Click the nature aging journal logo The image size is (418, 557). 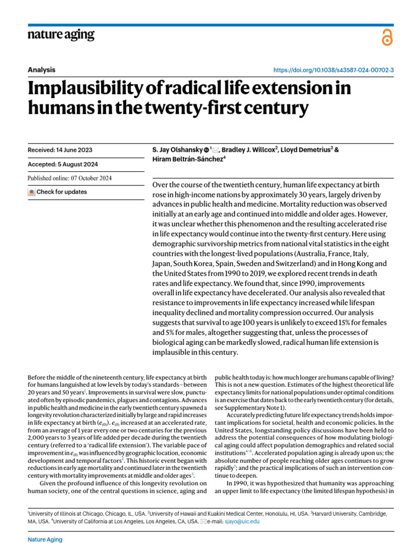pos(61,35)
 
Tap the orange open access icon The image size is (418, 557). pos(387,38)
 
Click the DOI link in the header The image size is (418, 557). pos(333,70)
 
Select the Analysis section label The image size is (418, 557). pos(41,70)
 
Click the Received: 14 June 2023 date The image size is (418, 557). pos(60,150)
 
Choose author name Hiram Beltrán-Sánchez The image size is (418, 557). pos(185,159)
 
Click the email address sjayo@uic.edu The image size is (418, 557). pos(244,521)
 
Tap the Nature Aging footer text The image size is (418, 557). pos(45,540)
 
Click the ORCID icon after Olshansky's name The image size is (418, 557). pos(206,150)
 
